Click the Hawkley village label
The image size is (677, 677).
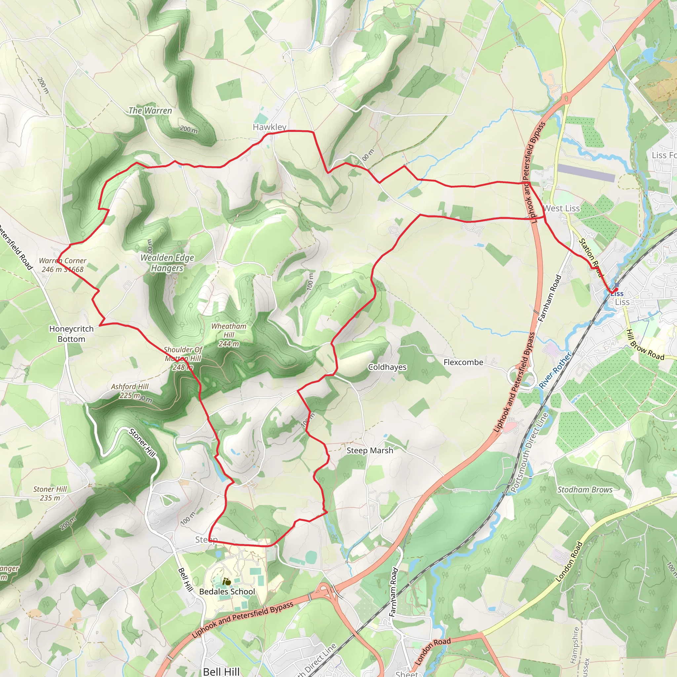269,127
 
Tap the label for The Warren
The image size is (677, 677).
150,111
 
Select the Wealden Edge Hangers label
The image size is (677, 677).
167,263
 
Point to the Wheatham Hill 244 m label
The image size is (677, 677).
228,335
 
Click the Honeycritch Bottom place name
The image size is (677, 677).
71,334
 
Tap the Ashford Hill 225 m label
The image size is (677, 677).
130,391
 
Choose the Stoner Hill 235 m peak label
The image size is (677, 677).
50,494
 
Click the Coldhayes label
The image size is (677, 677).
387,367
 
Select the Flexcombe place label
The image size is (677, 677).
463,362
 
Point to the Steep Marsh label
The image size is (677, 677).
370,450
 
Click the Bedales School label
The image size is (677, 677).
227,591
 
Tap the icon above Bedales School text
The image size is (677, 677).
227,582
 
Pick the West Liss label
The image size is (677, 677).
561,208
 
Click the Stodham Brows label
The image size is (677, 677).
585,490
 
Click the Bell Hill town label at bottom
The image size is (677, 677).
221,671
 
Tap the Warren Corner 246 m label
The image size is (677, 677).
63,265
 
